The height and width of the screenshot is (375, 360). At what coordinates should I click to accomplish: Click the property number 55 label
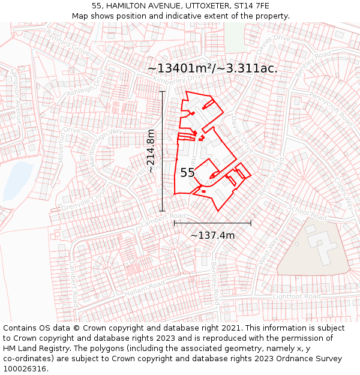click(187, 173)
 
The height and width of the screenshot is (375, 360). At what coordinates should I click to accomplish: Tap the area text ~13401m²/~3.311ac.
click(212, 68)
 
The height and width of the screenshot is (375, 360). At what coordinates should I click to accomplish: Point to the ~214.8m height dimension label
click(151, 151)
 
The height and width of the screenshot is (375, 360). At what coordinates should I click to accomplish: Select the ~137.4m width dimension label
click(212, 235)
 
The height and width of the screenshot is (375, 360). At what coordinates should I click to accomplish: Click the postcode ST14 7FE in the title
click(253, 6)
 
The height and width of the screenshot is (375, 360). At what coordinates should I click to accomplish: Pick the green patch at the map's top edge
click(234, 36)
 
